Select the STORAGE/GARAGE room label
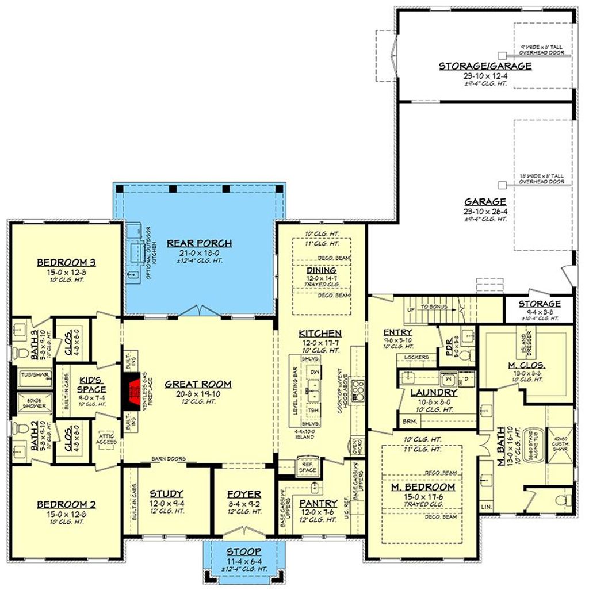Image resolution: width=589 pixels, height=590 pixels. point(485,66)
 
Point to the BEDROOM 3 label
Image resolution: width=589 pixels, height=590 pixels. point(66,263)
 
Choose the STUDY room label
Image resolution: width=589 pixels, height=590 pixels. point(166,493)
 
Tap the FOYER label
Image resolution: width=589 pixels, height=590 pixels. point(244,494)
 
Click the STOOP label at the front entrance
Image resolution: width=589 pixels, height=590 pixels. point(244,551)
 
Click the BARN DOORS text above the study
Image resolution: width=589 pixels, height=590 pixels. point(168,458)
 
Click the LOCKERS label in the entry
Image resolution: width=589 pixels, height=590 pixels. point(417,357)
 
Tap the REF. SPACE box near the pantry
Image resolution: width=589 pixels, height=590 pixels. point(307,466)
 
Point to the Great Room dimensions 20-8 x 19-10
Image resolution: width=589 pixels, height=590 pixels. point(198,394)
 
